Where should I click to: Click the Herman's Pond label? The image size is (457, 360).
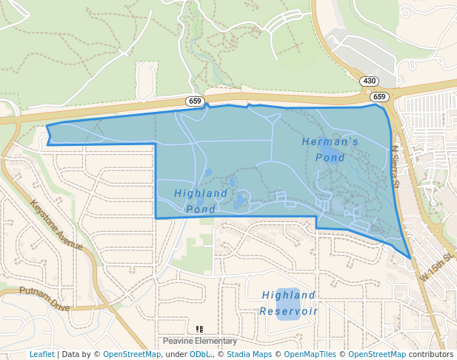click(330, 149)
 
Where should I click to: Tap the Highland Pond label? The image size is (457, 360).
click(201, 201)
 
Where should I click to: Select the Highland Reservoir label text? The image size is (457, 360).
click(289, 303)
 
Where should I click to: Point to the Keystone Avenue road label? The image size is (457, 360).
click(56, 224)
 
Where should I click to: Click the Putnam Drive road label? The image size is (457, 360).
click(44, 298)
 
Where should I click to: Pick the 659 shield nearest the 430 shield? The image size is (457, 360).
click(379, 97)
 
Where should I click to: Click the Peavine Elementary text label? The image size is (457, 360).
click(200, 341)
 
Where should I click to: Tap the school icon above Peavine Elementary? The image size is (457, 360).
click(199, 329)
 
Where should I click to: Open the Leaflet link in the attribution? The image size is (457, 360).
click(41, 354)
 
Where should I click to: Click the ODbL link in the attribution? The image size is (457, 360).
click(200, 354)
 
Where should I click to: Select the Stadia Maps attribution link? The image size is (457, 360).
click(249, 354)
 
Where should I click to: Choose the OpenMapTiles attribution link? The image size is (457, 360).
click(310, 354)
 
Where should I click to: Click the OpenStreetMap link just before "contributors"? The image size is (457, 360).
click(376, 354)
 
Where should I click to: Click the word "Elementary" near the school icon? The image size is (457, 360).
click(216, 341)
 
